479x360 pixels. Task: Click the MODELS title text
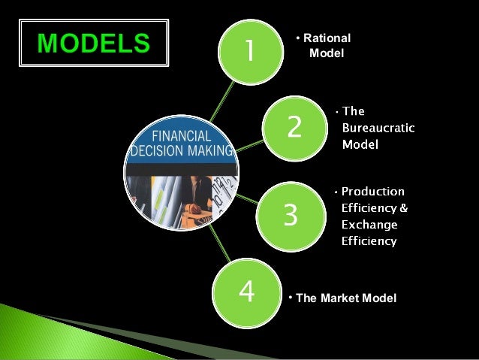pyautogui.click(x=94, y=43)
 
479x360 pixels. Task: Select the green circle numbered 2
pyautogui.click(x=294, y=126)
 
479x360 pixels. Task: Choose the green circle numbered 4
pyautogui.click(x=246, y=291)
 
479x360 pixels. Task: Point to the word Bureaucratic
pyautogui.click(x=378, y=128)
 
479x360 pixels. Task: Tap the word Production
pyautogui.click(x=373, y=191)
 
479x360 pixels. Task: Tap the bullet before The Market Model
pyautogui.click(x=291, y=298)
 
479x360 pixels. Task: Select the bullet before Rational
pyautogui.click(x=297, y=38)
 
